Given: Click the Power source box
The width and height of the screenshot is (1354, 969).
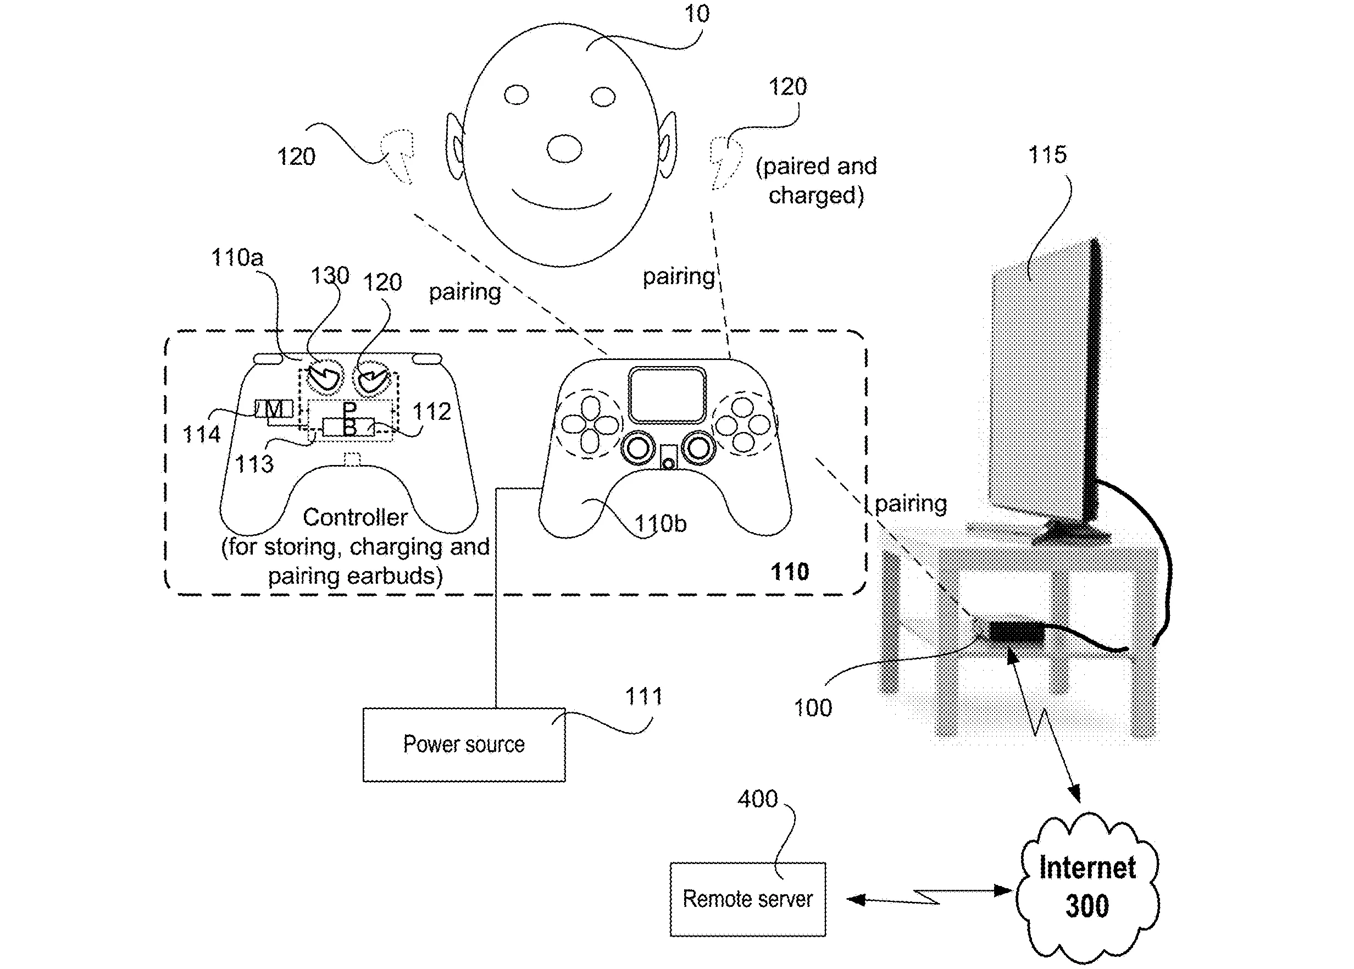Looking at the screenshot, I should [463, 744].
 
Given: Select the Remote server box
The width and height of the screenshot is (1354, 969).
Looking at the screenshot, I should [747, 899].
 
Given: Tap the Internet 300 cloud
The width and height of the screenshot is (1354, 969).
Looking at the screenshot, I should [1087, 887].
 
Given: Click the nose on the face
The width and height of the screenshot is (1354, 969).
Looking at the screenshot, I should [564, 148].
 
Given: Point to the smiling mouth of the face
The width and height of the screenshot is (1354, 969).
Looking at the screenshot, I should [561, 201].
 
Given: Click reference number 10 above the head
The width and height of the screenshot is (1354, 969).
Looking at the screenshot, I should [696, 14].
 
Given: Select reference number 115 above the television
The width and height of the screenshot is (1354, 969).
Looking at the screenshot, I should [1047, 154].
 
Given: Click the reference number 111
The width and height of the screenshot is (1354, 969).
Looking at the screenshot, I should [643, 696].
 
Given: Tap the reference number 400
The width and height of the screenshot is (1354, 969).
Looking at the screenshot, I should [758, 799].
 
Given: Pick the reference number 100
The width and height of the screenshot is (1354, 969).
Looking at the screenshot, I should [812, 708].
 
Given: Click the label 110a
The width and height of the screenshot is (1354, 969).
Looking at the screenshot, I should [237, 257].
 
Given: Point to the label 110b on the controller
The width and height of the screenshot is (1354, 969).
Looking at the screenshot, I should [660, 523].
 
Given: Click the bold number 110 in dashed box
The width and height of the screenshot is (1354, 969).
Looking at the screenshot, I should [790, 572].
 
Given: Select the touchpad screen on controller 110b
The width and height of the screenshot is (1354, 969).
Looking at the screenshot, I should [667, 395].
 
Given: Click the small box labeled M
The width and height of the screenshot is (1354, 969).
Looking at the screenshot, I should [274, 409].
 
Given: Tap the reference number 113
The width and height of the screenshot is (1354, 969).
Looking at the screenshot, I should [254, 464].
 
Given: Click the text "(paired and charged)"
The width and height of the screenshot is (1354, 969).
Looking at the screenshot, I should [816, 180].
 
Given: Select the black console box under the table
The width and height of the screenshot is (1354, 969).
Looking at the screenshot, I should [1017, 633].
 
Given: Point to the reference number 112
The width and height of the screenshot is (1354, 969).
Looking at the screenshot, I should [431, 411].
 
